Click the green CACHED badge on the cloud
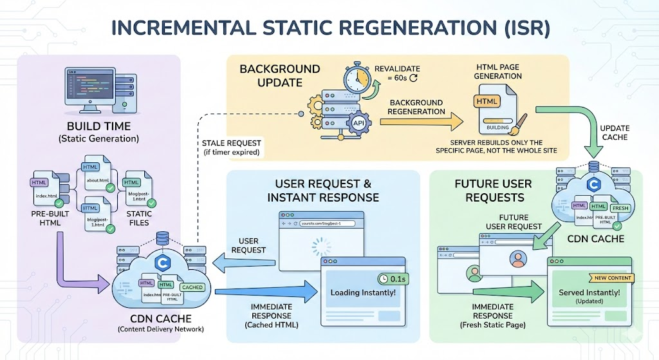click(x=192, y=287)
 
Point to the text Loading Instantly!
click(x=363, y=292)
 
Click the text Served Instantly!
click(x=589, y=292)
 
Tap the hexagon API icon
click(x=358, y=123)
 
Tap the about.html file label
click(x=98, y=180)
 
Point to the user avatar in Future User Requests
click(x=517, y=259)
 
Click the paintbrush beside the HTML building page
click(x=519, y=122)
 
